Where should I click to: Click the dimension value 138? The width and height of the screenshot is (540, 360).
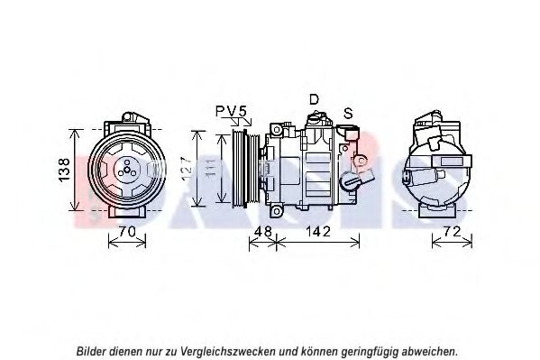[64, 170]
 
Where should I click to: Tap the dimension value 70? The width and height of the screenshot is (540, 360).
[127, 231]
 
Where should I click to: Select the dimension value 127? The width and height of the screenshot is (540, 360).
[187, 169]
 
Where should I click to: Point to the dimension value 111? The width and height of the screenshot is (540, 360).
[211, 168]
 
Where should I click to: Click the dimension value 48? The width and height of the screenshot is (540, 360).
[262, 231]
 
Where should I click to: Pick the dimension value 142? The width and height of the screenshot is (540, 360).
[318, 231]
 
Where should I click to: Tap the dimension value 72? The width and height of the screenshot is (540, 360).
[452, 231]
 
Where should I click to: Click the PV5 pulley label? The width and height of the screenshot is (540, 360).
[232, 111]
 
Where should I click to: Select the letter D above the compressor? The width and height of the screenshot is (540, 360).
[314, 99]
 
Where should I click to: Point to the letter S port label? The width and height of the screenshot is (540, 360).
[348, 113]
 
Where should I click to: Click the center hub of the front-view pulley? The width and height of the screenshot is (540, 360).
[127, 170]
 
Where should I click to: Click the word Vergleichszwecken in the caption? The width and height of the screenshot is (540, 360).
[228, 351]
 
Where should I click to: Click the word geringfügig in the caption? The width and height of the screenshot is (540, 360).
[369, 351]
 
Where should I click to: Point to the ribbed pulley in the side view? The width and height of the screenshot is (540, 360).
[245, 169]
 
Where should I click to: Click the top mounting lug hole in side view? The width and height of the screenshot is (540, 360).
[277, 130]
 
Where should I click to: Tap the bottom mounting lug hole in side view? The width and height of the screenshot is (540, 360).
[276, 211]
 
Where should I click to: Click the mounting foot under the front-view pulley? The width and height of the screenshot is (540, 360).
[127, 211]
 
